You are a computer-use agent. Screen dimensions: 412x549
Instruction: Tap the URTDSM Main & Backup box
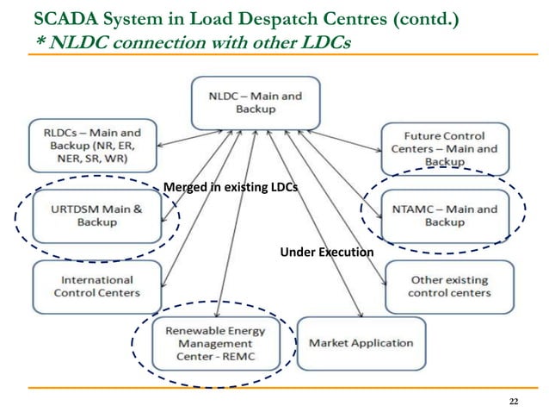pyautogui.click(x=96, y=215)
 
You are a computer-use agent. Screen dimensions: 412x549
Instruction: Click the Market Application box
pyautogui.click(x=361, y=343)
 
